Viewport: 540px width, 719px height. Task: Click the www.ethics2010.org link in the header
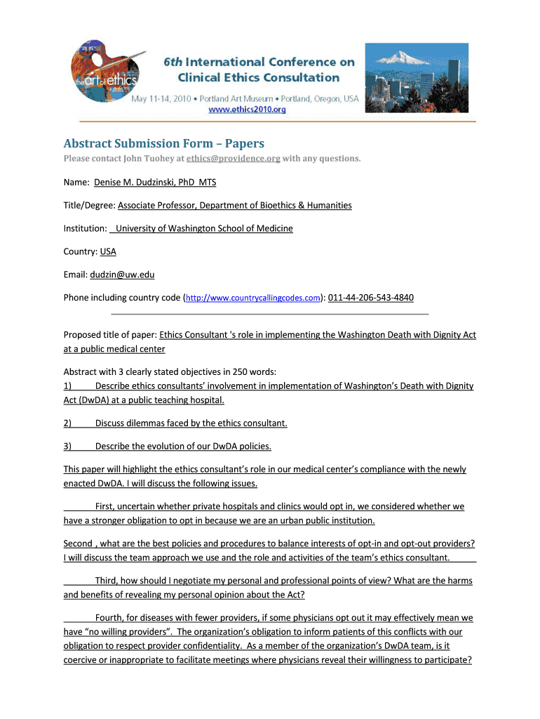tap(245, 110)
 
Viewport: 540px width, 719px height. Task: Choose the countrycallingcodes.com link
tap(253, 298)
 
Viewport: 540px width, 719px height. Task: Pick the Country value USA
tap(108, 251)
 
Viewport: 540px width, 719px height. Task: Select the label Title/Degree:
tap(90, 206)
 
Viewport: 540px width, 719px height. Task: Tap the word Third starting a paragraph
tap(108, 581)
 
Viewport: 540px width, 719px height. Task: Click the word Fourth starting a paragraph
tap(112, 619)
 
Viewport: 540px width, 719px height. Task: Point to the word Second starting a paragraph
tap(78, 543)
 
